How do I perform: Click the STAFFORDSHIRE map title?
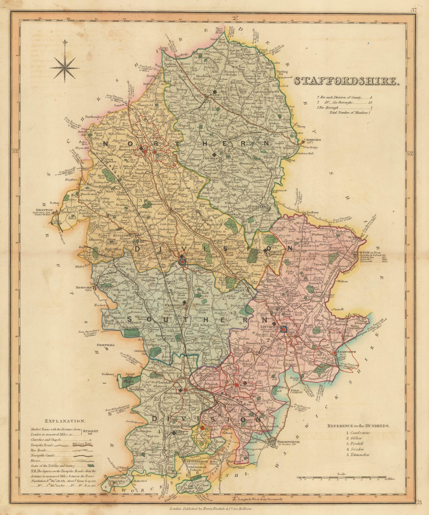pos(346,81)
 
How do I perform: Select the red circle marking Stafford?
pos(182,262)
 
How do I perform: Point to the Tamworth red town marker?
pos(335,353)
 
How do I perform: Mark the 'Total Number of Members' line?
pos(348,113)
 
